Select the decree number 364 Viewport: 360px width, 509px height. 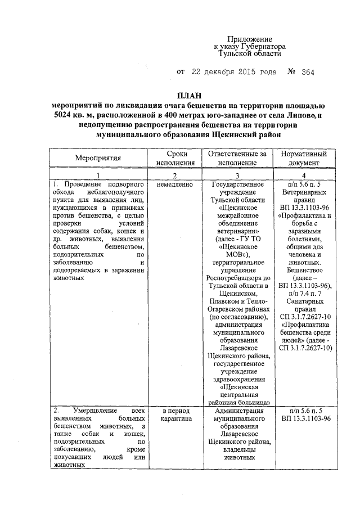click(308, 72)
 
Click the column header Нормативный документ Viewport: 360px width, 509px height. click(307, 158)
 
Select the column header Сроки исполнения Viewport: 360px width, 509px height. click(176, 158)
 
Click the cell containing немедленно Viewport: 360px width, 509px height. click(175, 184)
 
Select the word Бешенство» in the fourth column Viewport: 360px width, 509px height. click(307, 270)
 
